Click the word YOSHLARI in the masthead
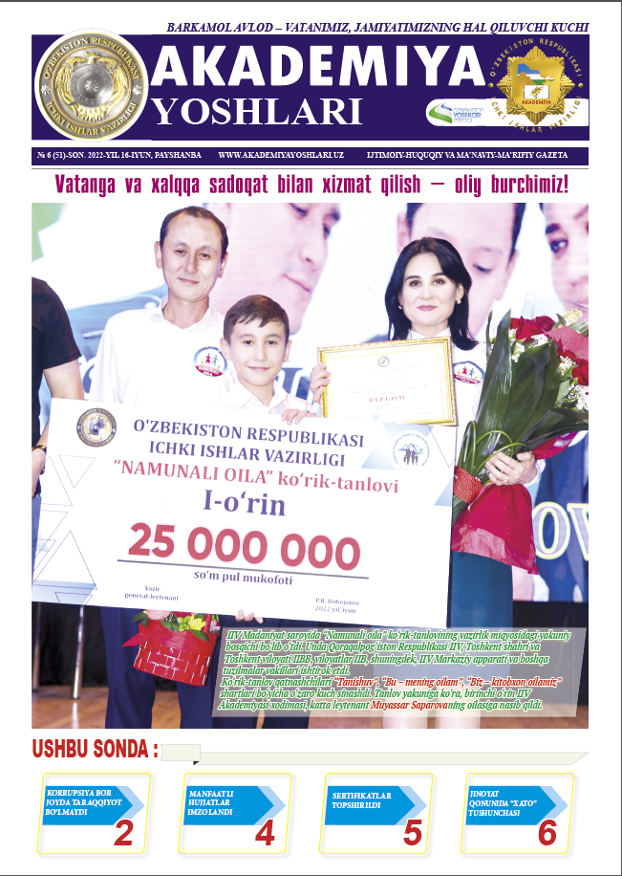click(258, 111)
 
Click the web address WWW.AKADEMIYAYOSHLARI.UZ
click(281, 154)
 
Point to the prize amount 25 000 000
click(245, 548)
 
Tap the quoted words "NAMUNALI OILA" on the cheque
click(196, 472)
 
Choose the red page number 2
click(123, 833)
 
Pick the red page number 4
click(265, 833)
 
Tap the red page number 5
click(413, 833)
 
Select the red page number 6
click(547, 833)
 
